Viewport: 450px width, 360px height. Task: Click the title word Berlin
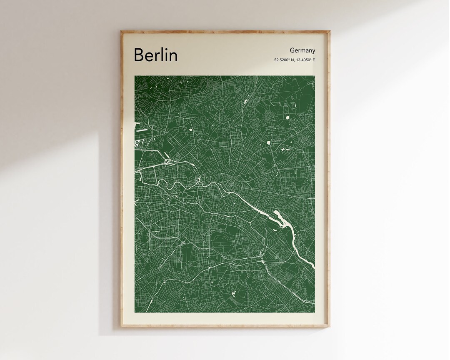155,55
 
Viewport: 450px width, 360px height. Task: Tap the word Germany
302,50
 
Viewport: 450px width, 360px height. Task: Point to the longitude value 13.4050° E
306,60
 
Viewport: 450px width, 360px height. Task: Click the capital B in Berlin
140,55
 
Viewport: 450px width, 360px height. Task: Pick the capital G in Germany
292,50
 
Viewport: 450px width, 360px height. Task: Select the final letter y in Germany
314,51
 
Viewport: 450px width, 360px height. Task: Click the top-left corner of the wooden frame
121,31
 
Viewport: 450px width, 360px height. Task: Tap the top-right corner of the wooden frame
329,31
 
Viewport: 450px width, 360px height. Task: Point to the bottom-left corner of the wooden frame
121,326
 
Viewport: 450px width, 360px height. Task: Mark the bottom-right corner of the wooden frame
329,326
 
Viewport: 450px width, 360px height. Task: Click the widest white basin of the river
278,217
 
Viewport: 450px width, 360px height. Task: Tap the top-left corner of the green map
135,76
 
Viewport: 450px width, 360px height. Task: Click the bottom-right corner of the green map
315,312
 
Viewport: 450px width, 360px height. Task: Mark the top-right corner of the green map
315,76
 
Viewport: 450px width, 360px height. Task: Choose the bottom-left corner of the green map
135,312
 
